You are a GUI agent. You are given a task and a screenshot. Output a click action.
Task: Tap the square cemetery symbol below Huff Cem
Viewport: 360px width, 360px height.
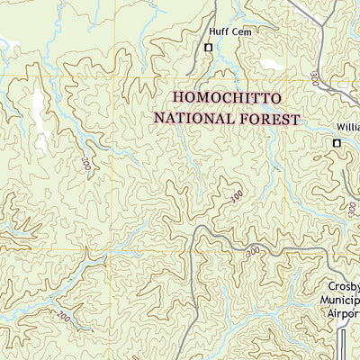(x=209, y=48)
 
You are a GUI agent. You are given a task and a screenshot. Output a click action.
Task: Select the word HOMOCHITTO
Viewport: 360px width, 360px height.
(x=227, y=97)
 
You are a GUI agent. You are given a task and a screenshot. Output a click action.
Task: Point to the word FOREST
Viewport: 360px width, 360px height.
(x=266, y=117)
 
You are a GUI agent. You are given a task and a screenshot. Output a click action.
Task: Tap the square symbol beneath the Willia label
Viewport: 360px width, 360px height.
(x=337, y=143)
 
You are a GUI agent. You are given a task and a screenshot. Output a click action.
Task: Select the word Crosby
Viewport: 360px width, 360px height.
(x=342, y=287)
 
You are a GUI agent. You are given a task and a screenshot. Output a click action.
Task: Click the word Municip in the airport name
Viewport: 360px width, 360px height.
(x=342, y=301)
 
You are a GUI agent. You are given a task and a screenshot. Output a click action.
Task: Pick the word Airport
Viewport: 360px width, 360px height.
(x=342, y=314)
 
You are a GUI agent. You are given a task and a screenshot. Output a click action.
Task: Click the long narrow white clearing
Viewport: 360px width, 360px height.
(x=40, y=117)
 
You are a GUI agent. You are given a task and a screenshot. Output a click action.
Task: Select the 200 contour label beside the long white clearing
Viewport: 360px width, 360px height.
(x=85, y=164)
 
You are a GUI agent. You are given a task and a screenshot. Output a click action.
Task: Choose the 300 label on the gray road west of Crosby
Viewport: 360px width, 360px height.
(x=253, y=250)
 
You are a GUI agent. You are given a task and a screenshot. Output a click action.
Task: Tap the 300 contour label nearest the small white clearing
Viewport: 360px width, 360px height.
(x=314, y=79)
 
